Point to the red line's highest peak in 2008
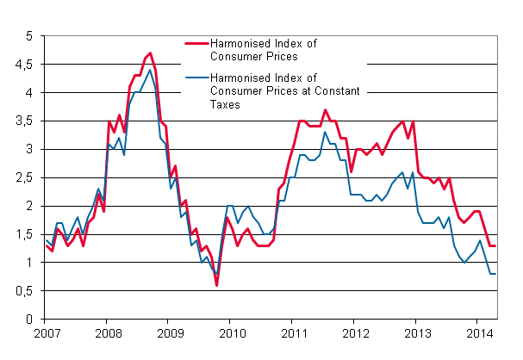(x=150, y=53)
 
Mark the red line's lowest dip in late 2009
(x=216, y=285)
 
